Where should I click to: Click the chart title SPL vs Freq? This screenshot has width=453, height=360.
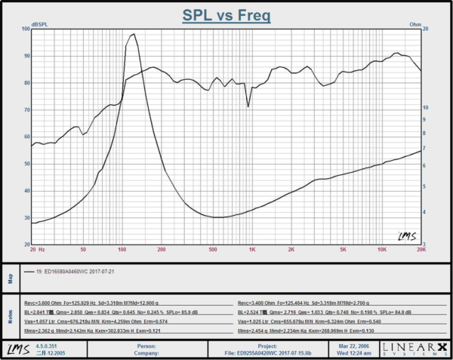pyautogui.click(x=226, y=14)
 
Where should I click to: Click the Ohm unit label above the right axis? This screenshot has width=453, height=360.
pyautogui.click(x=415, y=24)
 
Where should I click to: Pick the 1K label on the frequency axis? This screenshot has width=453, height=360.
pyautogui.click(x=252, y=248)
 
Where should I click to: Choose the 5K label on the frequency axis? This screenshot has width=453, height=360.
pyautogui.click(x=342, y=248)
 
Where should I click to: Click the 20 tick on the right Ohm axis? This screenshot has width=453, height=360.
pyautogui.click(x=426, y=29)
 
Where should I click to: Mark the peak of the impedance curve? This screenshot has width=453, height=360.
pyautogui.click(x=133, y=34)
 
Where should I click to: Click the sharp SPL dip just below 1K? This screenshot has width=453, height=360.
pyautogui.click(x=248, y=106)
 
